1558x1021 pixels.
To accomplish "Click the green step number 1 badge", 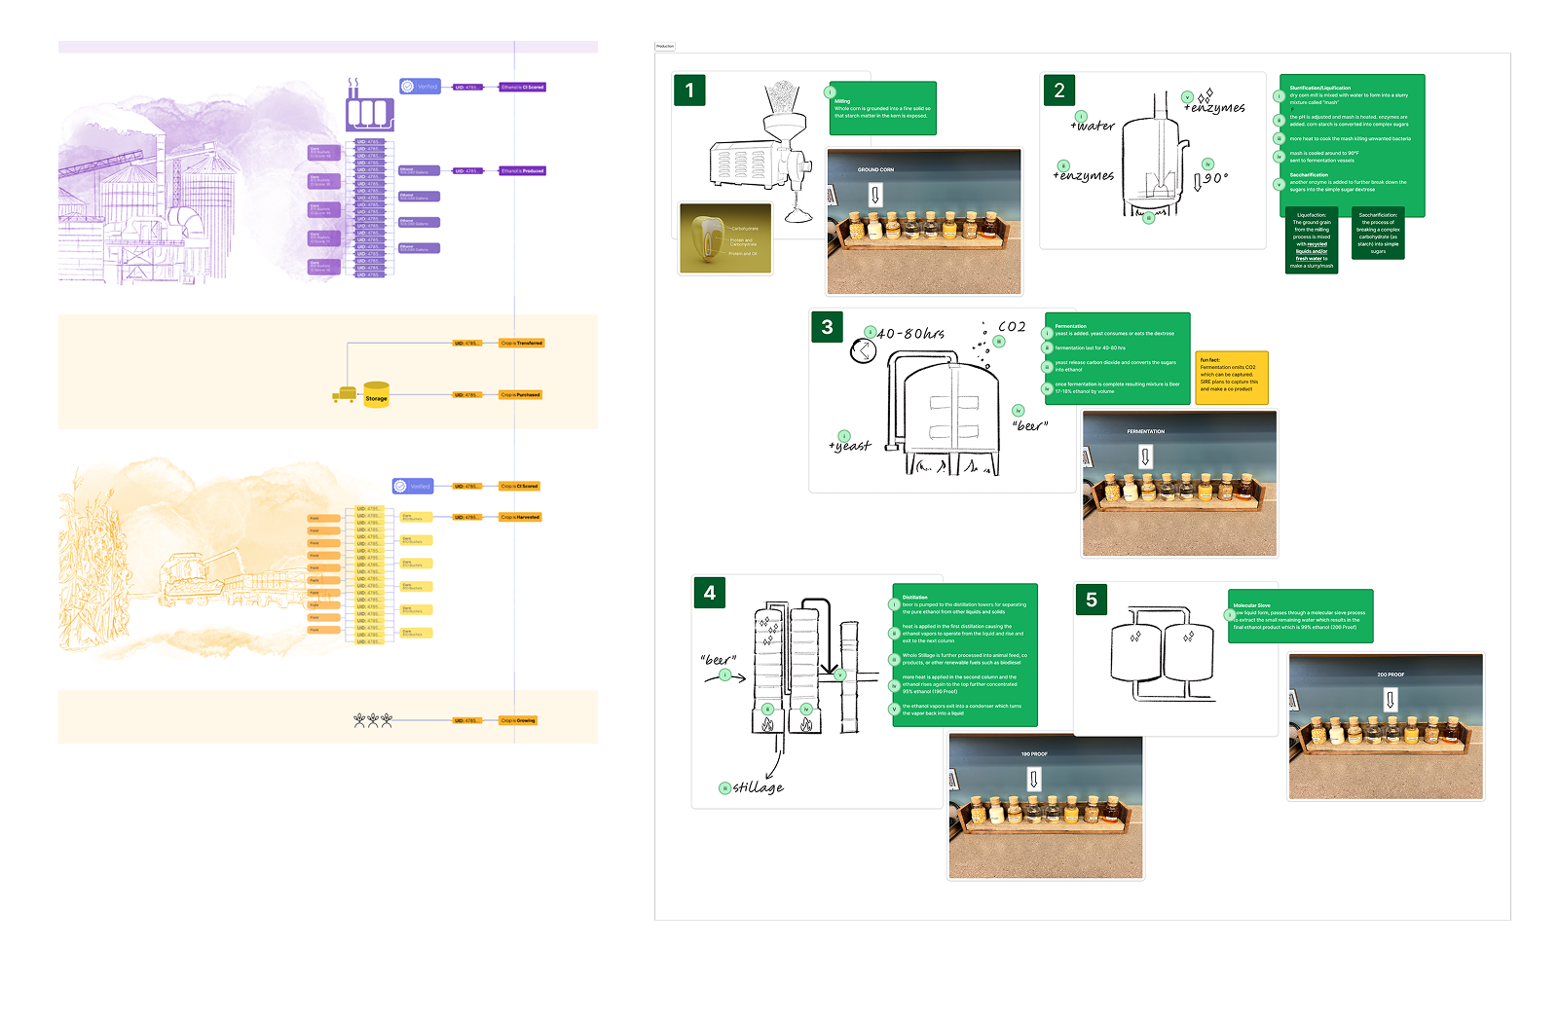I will tap(689, 91).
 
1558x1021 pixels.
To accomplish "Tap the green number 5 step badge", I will tap(1091, 600).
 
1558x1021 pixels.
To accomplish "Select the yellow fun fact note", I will tap(1232, 377).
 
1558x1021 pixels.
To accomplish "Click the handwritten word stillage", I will tap(758, 787).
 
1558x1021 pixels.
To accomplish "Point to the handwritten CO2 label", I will tap(1012, 327).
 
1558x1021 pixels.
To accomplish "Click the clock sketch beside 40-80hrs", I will tap(863, 350).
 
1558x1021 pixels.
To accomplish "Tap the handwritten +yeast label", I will tap(850, 446).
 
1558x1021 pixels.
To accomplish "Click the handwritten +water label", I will tap(1093, 126).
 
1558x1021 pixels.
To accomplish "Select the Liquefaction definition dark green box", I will tap(1312, 239).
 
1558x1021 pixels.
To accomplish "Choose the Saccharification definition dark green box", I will tap(1378, 234).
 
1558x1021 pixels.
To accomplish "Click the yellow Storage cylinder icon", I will tap(376, 394).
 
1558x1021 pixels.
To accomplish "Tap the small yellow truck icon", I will tap(343, 395).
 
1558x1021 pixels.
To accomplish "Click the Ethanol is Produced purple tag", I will tap(522, 171).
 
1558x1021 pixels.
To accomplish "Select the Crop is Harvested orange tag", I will tap(520, 518).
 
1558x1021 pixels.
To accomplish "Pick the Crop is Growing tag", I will tap(518, 721).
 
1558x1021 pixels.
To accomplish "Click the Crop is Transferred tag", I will tap(522, 344).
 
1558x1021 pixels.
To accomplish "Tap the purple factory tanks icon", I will tap(369, 110).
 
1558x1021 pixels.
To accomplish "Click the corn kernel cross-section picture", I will tap(725, 238).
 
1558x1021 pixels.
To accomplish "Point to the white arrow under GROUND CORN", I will tap(874, 195).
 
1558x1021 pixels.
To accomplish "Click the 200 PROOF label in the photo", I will tap(1390, 675).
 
